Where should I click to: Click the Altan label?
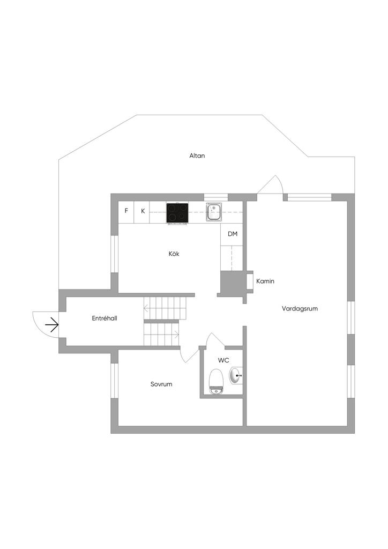pyautogui.click(x=197, y=155)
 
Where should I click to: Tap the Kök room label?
pyautogui.click(x=174, y=254)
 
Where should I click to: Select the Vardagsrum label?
pyautogui.click(x=300, y=309)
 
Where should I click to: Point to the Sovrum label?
pyautogui.click(x=161, y=384)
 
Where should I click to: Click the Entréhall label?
pyautogui.click(x=105, y=318)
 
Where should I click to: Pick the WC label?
pyautogui.click(x=223, y=360)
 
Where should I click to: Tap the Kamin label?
pyautogui.click(x=265, y=281)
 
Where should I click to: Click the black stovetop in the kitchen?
pyautogui.click(x=177, y=213)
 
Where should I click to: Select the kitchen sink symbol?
pyautogui.click(x=214, y=212)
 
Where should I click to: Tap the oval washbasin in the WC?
pyautogui.click(x=236, y=376)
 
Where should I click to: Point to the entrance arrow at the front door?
pyautogui.click(x=52, y=324)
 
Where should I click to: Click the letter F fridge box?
pyautogui.click(x=126, y=211)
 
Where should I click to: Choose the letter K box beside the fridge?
pyautogui.click(x=143, y=211)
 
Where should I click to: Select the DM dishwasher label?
pyautogui.click(x=233, y=234)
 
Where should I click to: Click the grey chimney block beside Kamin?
pyautogui.click(x=232, y=282)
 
